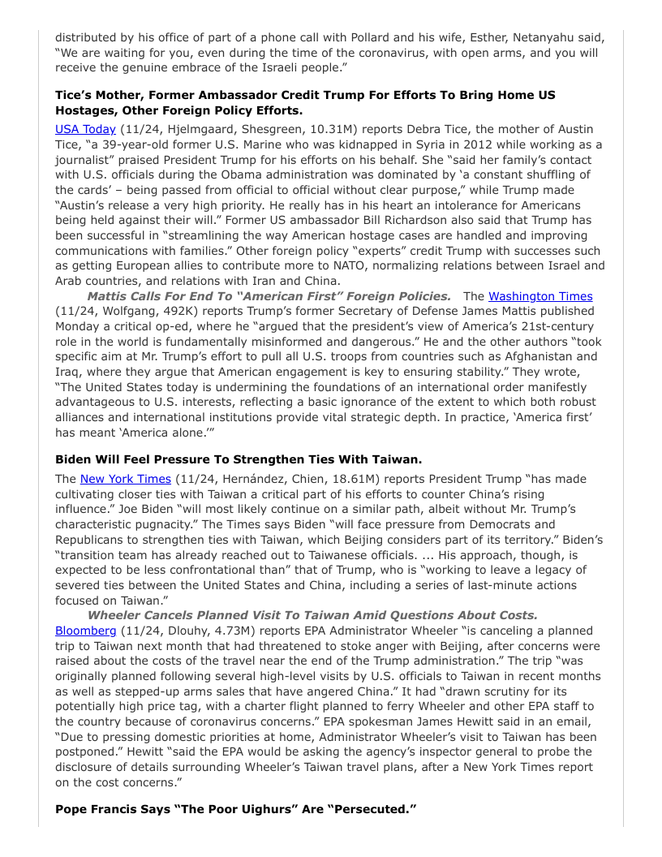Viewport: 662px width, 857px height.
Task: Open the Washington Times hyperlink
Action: click(x=539, y=296)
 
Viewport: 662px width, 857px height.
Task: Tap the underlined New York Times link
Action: click(x=125, y=479)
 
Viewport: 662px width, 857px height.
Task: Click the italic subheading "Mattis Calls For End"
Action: click(x=269, y=296)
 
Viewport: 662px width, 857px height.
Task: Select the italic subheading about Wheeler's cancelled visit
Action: click(x=312, y=615)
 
